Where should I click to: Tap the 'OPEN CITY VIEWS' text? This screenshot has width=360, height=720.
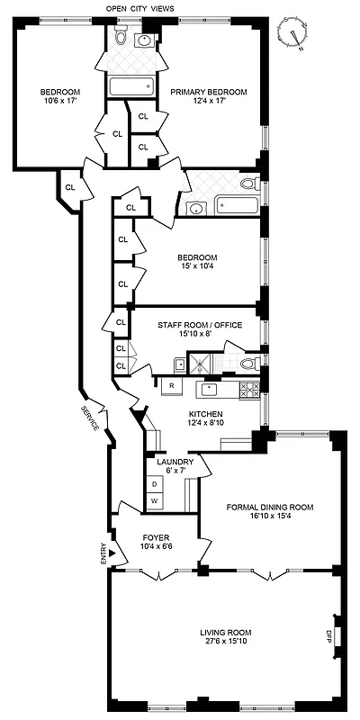141,8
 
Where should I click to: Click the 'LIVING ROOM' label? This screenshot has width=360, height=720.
226,631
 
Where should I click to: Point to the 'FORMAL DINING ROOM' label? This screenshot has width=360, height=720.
270,507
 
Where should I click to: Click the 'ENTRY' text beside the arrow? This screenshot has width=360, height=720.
103,554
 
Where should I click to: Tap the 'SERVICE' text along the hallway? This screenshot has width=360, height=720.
91,418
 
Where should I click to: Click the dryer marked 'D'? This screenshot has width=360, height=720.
154,484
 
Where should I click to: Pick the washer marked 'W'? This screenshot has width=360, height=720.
154,500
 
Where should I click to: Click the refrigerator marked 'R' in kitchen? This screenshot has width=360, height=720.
171,386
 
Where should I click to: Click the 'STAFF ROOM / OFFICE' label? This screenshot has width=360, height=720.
200,325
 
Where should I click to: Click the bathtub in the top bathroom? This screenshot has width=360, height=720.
131,87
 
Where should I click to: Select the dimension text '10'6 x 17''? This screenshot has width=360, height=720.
60,101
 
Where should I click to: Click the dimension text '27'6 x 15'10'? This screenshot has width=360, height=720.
226,642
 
